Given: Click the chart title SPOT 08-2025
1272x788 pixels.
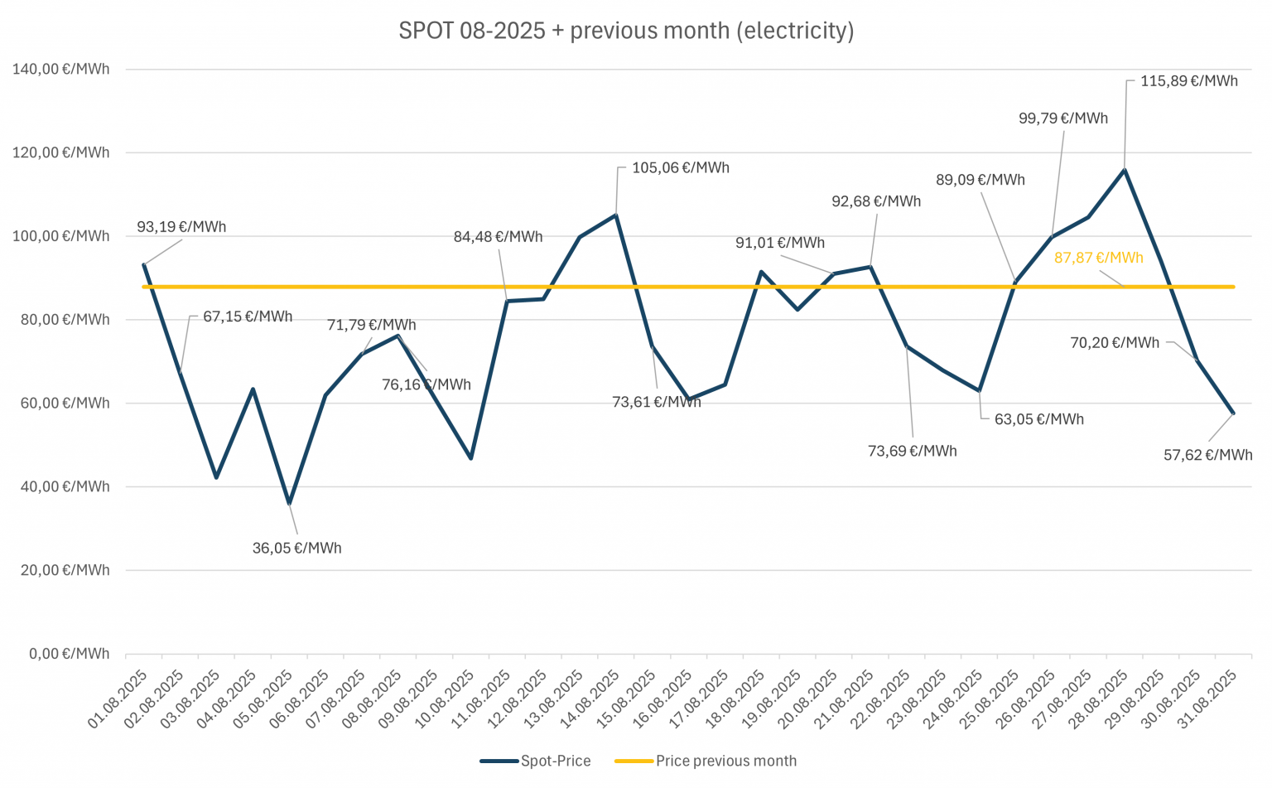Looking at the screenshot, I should click(x=626, y=31).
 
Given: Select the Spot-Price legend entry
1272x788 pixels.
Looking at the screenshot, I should click(x=555, y=761).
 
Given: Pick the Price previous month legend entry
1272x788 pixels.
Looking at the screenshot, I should click(x=725, y=761).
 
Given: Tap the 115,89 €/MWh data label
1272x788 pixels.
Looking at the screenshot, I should click(x=1189, y=81).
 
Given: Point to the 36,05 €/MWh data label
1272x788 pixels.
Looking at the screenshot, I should click(x=296, y=548).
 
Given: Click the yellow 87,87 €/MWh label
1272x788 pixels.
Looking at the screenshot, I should click(x=1098, y=258).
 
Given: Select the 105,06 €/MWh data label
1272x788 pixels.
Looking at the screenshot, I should click(x=681, y=167).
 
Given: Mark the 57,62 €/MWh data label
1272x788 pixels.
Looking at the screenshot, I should click(x=1207, y=455).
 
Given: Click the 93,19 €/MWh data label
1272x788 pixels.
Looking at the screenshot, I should click(x=181, y=226).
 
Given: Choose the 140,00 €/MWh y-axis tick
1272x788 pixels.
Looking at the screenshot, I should click(x=61, y=69).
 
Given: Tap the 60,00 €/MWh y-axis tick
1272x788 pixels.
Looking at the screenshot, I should click(x=61, y=403).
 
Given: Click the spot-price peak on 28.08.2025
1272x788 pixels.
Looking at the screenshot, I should click(x=1124, y=170).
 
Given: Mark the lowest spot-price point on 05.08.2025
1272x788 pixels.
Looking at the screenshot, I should click(x=289, y=503).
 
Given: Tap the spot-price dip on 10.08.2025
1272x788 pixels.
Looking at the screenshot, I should click(x=470, y=458).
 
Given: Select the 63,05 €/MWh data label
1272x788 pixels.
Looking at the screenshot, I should click(x=1038, y=419).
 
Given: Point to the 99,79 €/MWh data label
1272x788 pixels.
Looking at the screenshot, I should click(x=1063, y=118).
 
